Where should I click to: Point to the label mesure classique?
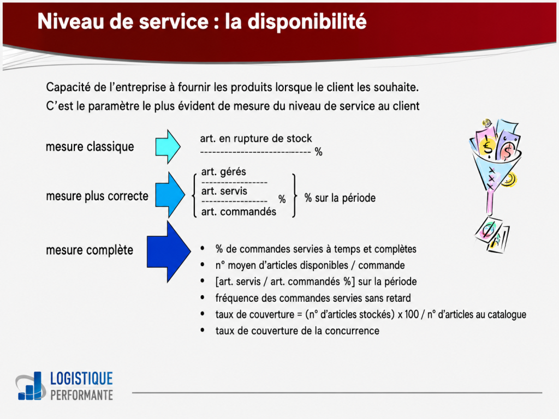pos(90,147)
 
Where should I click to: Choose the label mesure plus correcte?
pos(97,196)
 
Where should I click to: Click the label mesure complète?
pos(90,250)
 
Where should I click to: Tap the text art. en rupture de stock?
pos(256,139)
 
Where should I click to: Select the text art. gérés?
pos(224,172)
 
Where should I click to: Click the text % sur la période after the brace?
pos(340,198)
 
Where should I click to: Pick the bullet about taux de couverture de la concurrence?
pos(297,331)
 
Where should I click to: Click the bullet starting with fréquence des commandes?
pos(313,298)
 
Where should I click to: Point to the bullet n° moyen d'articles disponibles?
pos(310,265)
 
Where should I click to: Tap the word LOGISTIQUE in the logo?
pos(81,379)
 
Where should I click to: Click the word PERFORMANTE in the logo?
pos(81,394)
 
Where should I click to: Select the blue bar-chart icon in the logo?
pos(32,386)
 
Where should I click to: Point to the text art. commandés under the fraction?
pos(239,212)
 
